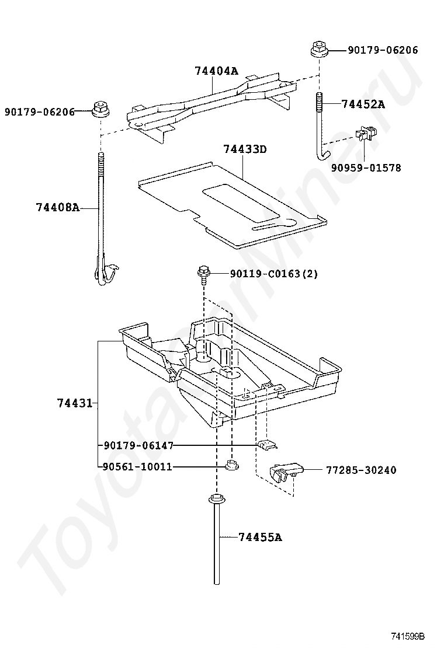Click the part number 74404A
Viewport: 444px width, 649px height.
[216, 71]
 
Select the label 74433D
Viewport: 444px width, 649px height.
[245, 149]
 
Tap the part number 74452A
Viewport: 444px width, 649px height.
[363, 104]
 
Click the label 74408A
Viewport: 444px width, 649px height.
[57, 207]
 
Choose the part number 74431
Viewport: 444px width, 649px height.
[75, 403]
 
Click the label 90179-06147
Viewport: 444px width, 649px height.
[138, 445]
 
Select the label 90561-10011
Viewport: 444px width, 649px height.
[137, 467]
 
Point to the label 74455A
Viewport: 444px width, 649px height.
[260, 537]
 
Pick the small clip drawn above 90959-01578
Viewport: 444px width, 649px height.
[367, 135]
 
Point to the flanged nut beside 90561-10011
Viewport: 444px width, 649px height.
[230, 466]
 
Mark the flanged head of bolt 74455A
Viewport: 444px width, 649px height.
[217, 500]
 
